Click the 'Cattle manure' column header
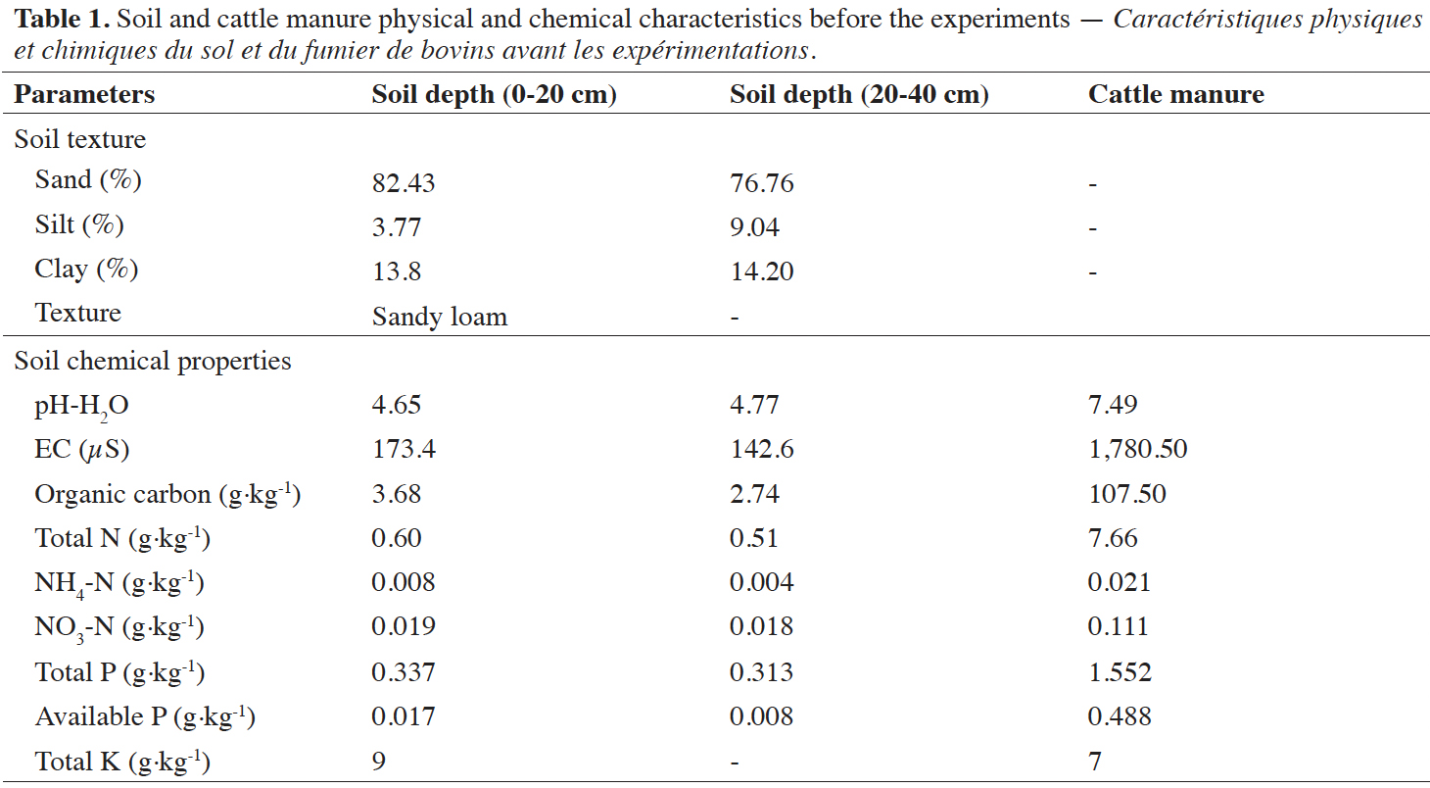(1176, 94)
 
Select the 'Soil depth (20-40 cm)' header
(859, 95)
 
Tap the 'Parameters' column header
(84, 94)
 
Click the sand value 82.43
(404, 183)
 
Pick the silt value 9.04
(754, 227)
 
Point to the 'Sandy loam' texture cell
(440, 317)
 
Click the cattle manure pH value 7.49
(1113, 405)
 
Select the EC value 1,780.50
(1137, 450)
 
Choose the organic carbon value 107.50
(1127, 494)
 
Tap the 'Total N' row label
(122, 538)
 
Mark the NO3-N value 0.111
(1119, 626)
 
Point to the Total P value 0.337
(404, 672)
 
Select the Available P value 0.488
(1120, 716)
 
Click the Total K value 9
(379, 762)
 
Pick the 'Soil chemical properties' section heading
(153, 362)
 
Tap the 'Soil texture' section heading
(79, 139)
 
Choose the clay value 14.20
(762, 272)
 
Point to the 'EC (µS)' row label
(81, 450)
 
